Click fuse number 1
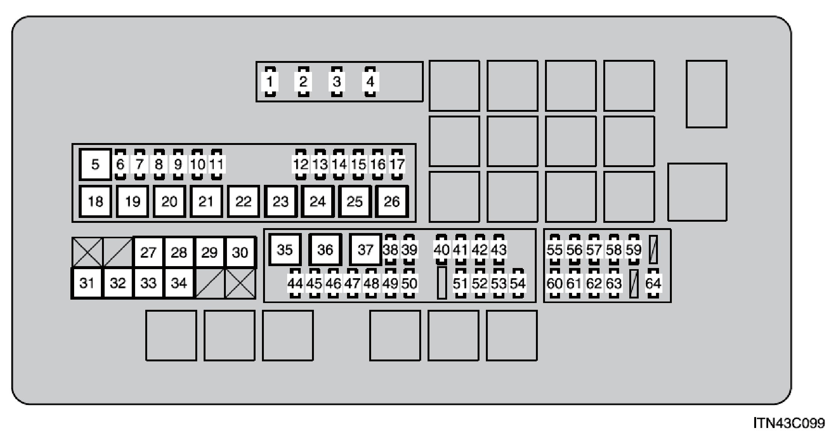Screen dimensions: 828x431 pos(270,82)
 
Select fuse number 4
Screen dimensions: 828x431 pos(370,82)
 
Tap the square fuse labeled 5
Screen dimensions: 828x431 pos(95,164)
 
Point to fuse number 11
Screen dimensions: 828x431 pos(216,164)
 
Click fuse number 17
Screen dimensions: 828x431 pos(397,164)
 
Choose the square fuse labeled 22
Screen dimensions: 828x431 pos(243,202)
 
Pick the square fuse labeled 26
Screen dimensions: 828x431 pos(391,202)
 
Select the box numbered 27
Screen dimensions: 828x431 pos(148,252)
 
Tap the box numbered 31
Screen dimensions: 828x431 pos(87,283)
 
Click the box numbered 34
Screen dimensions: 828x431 pos(179,283)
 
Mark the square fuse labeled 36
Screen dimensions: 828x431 pos(325,250)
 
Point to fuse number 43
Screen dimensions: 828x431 pos(499,250)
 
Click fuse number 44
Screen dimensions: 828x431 pos(295,283)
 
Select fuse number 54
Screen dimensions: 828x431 pos(518,283)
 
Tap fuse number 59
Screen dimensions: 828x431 pos(634,250)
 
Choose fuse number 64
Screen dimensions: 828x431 pos(653,283)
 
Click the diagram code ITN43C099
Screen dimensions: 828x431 pos(788,422)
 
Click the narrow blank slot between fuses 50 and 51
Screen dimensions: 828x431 pos(442,283)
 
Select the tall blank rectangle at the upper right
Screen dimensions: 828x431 pos(706,94)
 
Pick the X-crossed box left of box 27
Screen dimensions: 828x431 pos(87,252)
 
